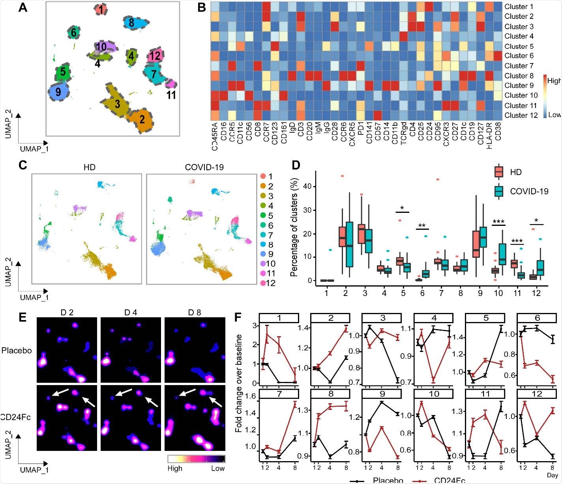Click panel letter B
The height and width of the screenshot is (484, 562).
point(202,7)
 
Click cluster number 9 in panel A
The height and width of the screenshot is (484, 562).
point(58,92)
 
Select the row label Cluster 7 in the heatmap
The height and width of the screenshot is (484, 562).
point(519,66)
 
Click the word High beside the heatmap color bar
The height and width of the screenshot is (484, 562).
point(554,81)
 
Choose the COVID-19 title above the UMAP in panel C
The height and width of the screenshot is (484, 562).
point(204,167)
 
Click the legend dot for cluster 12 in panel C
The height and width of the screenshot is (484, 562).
point(263,283)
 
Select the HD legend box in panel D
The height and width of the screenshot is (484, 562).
point(499,172)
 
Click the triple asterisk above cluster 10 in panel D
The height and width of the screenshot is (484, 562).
point(498,222)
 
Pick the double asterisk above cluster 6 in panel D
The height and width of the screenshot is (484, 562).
point(422,226)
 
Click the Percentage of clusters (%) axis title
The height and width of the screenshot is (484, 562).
point(294,229)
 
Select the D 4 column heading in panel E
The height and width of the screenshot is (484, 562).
point(131,313)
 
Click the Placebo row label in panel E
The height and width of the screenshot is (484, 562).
point(17,350)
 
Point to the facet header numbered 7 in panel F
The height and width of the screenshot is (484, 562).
point(279,394)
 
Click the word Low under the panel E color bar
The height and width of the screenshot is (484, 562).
point(217,468)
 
